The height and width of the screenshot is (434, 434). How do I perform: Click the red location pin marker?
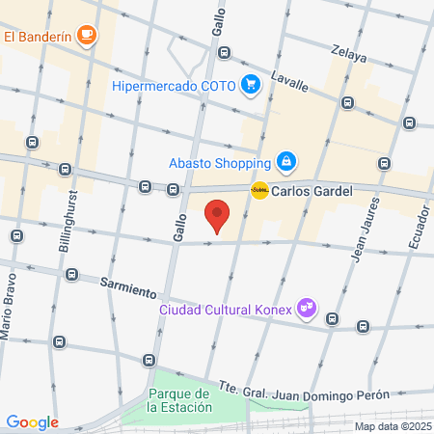coord(218,216)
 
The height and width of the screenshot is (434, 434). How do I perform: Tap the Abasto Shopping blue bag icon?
coord(285,160)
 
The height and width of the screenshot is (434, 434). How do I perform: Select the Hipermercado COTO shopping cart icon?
coord(252,85)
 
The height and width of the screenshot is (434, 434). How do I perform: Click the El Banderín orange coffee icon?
coord(87,37)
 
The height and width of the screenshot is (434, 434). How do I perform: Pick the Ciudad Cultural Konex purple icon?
coord(307,309)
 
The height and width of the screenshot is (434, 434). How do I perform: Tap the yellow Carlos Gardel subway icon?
coord(259,191)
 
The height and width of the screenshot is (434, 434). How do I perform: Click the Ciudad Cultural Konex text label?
coord(227,311)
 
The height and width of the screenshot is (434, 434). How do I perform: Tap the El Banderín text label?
coord(38,38)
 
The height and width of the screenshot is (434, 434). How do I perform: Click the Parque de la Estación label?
coord(179,401)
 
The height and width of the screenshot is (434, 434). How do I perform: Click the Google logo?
coord(32,421)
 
